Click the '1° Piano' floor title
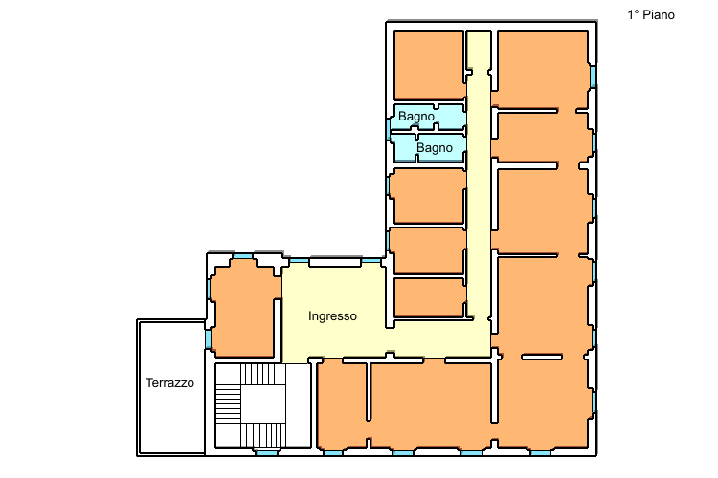pyautogui.click(x=651, y=15)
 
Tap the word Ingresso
pyautogui.click(x=332, y=316)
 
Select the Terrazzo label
pyautogui.click(x=169, y=382)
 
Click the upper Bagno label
pyautogui.click(x=416, y=117)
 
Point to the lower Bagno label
pyautogui.click(x=435, y=148)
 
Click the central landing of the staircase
pyautogui.click(x=263, y=404)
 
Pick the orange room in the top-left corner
pyautogui.click(x=429, y=64)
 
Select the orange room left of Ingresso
pyautogui.click(x=244, y=311)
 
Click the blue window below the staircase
pyautogui.click(x=266, y=453)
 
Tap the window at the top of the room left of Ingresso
pyautogui.click(x=243, y=256)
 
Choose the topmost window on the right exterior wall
pyautogui.click(x=593, y=76)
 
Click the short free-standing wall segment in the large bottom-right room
pyautogui.click(x=542, y=357)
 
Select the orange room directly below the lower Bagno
pyautogui.click(x=429, y=196)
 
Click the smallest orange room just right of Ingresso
pyautogui.click(x=430, y=297)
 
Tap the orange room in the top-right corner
pyautogui.click(x=543, y=69)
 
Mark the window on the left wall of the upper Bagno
pyautogui.click(x=389, y=129)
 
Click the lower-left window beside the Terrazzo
pyautogui.click(x=208, y=339)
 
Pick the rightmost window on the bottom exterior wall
pyautogui.click(x=540, y=453)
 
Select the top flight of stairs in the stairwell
pyautogui.click(x=263, y=375)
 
